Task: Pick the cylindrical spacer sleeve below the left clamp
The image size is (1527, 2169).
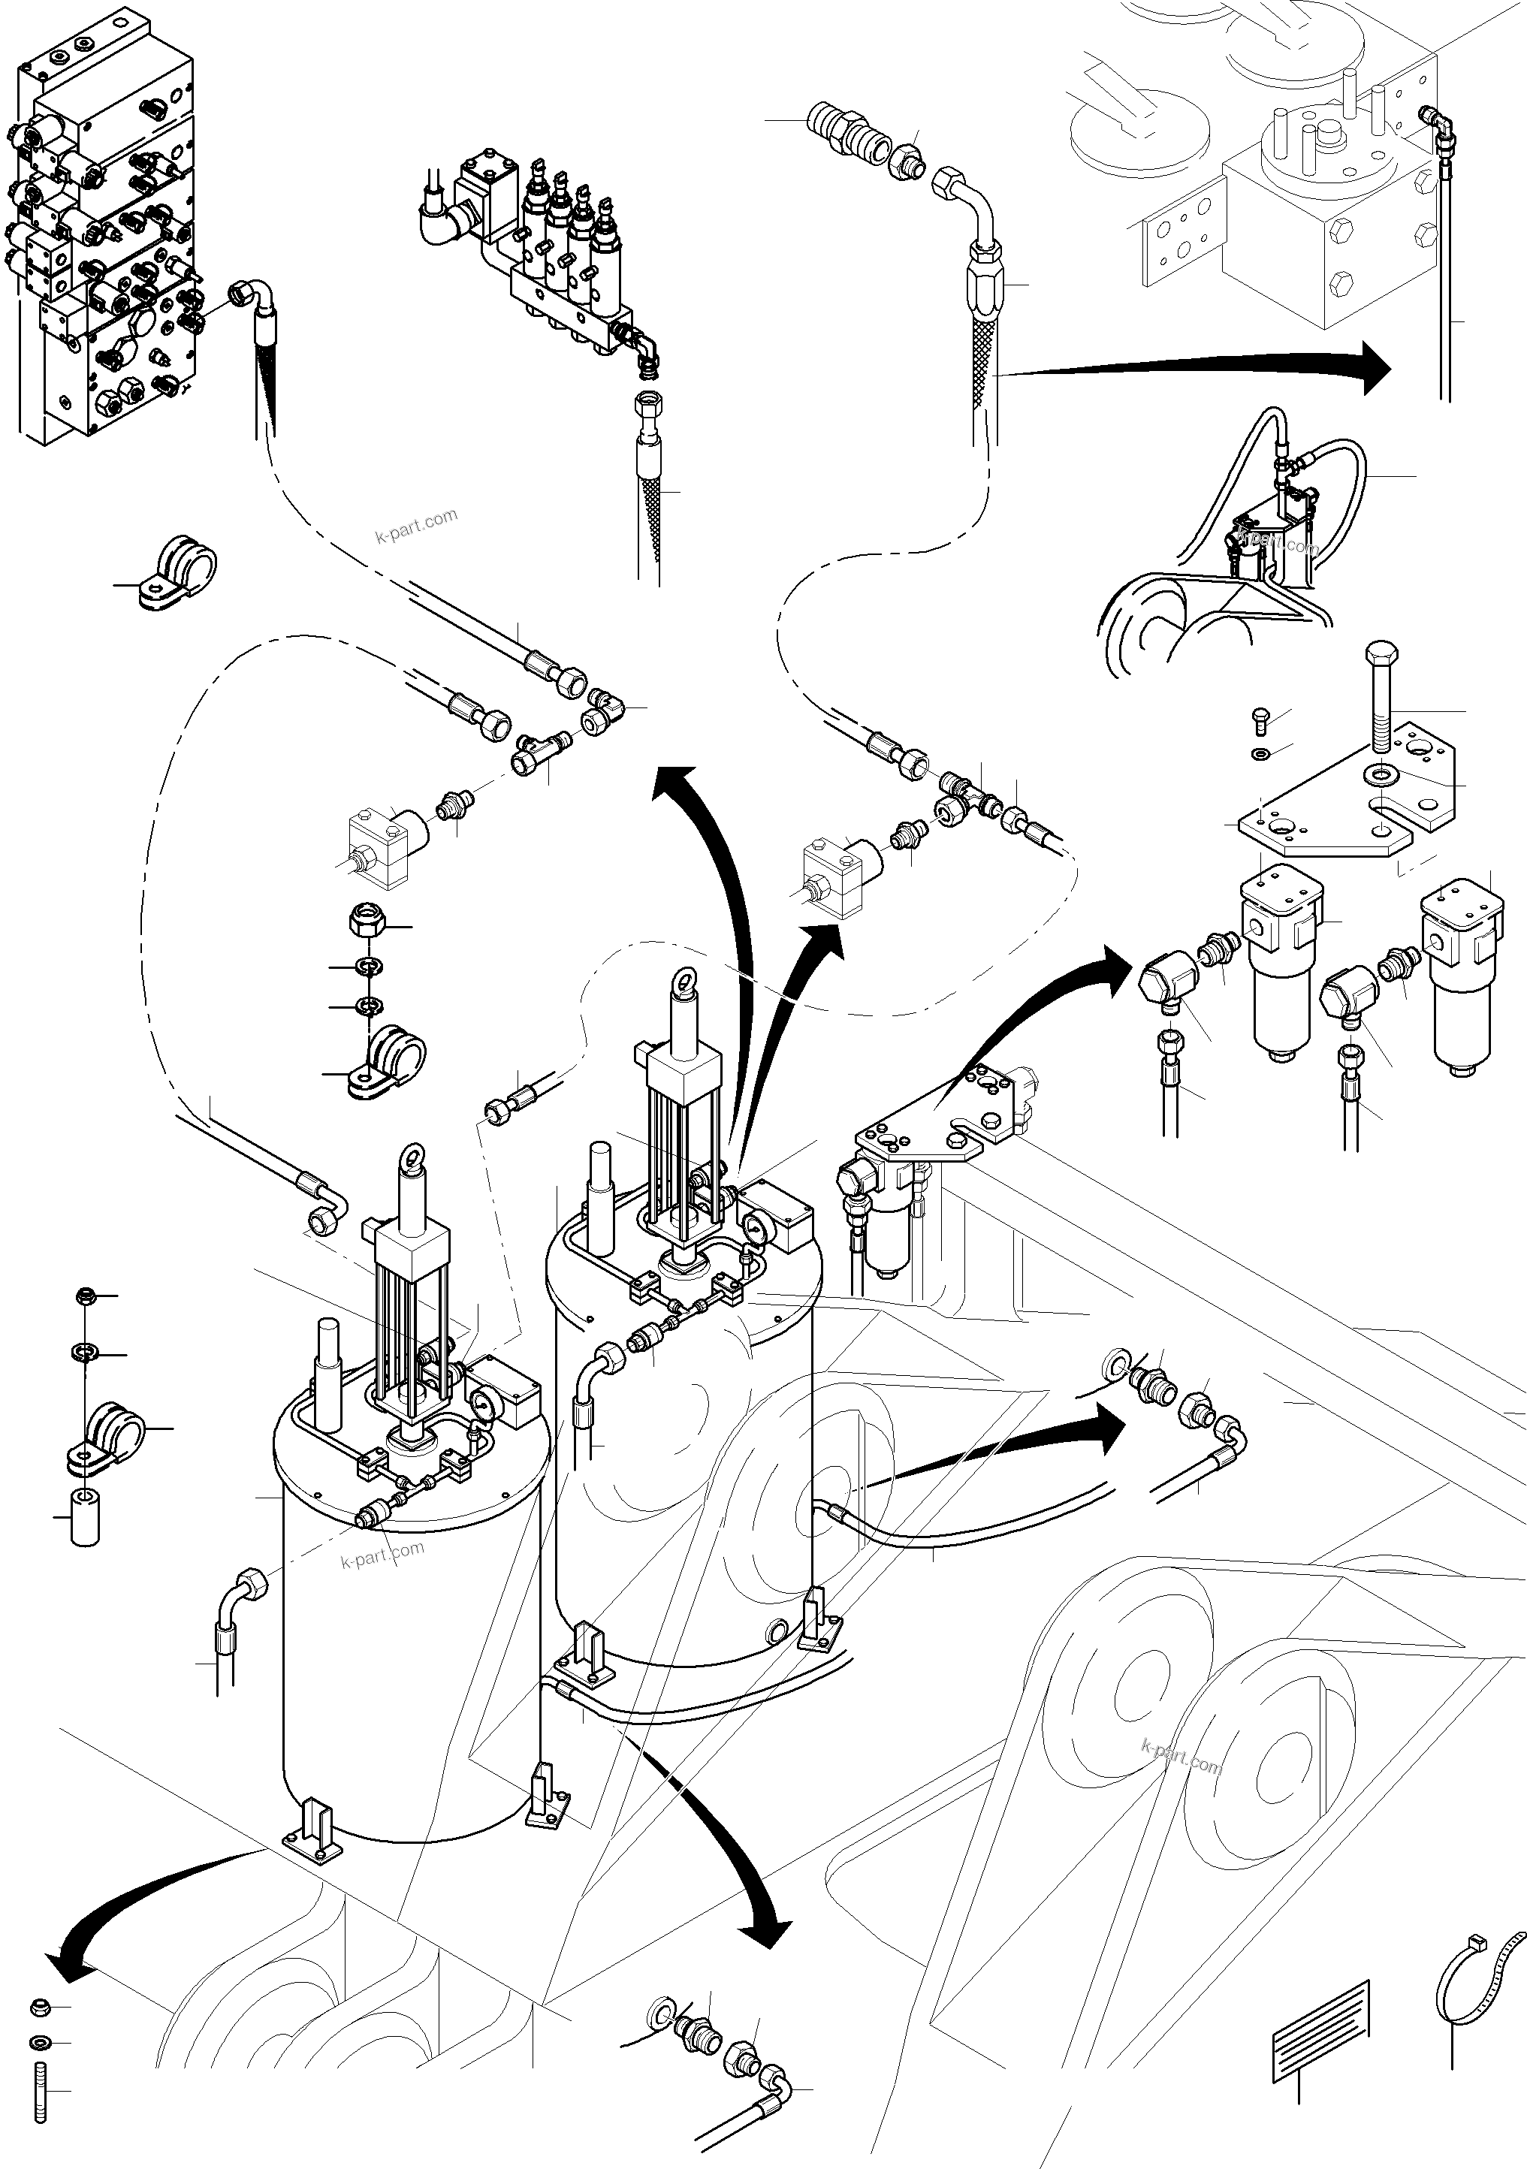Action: (x=85, y=1516)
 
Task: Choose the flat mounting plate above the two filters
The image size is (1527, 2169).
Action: (x=1351, y=813)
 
